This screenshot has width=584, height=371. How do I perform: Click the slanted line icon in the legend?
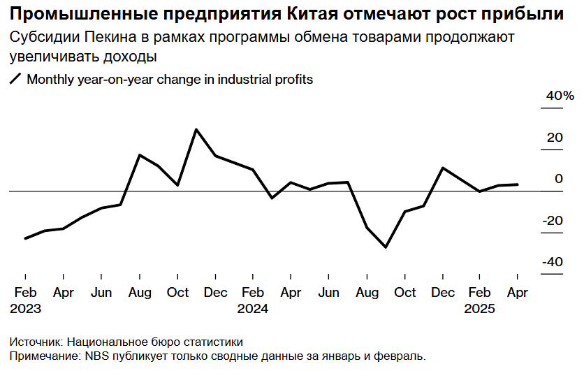[x=15, y=80]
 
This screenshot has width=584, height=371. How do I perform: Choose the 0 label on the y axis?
[x=558, y=179]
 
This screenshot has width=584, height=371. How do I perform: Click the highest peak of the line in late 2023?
[x=196, y=129]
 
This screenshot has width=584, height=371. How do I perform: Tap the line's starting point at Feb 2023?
[x=26, y=238]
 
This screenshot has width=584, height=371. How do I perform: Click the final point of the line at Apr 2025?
[x=517, y=184]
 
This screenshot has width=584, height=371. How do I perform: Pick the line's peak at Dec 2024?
[x=442, y=168]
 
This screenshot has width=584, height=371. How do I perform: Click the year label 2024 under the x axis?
[x=252, y=308]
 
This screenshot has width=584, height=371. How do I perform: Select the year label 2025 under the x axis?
[x=480, y=308]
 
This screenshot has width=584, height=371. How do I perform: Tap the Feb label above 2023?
[x=26, y=293]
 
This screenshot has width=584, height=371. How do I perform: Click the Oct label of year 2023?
[x=177, y=293]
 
